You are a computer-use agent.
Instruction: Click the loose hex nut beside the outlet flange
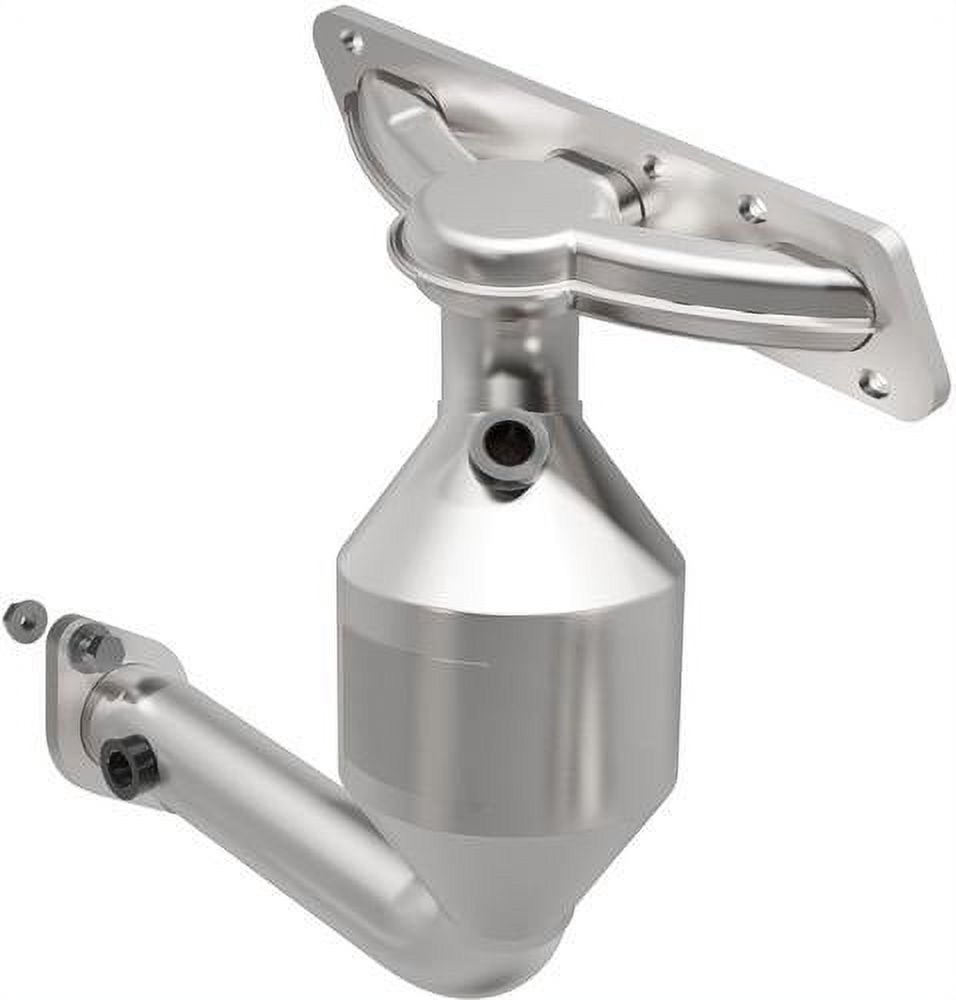tap(23, 619)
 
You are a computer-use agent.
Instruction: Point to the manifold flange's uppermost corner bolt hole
tap(351, 41)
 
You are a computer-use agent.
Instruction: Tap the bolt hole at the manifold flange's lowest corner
tap(874, 383)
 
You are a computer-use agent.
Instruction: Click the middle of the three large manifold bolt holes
tap(752, 208)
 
